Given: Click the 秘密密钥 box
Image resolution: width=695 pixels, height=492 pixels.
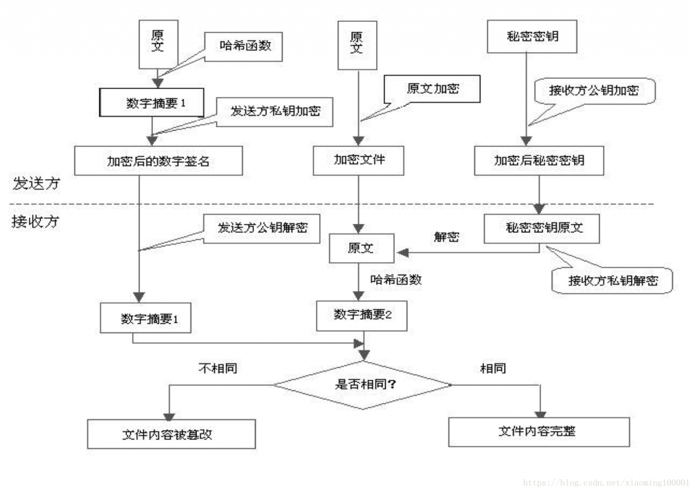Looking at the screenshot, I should pyautogui.click(x=533, y=37).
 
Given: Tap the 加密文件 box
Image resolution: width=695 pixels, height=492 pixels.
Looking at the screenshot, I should pyautogui.click(x=359, y=161).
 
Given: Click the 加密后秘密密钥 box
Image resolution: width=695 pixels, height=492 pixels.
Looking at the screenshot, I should pyautogui.click(x=539, y=161).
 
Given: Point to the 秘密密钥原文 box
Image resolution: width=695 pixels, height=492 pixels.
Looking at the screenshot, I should pyautogui.click(x=542, y=228).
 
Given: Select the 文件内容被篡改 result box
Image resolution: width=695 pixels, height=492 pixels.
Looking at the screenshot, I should pyautogui.click(x=172, y=434).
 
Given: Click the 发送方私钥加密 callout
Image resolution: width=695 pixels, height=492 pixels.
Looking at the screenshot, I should pyautogui.click(x=276, y=112).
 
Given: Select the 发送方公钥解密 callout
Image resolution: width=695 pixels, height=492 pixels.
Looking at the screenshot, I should pyautogui.click(x=262, y=227).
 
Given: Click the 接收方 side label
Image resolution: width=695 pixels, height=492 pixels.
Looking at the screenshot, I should pyautogui.click(x=35, y=222).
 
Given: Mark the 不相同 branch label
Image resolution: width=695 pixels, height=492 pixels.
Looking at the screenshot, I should pyautogui.click(x=218, y=369).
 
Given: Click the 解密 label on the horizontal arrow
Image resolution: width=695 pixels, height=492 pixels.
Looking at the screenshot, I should pyautogui.click(x=446, y=237).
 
